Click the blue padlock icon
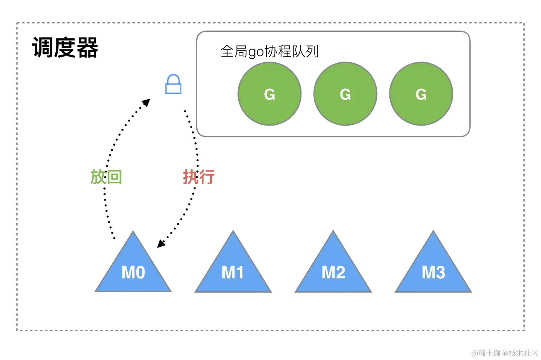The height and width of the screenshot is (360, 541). (x=173, y=85)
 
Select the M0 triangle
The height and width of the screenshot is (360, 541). (x=133, y=270)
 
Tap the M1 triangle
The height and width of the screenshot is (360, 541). (x=233, y=270)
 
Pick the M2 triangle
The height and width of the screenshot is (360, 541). (x=333, y=270)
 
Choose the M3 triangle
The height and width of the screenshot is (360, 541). (x=433, y=270)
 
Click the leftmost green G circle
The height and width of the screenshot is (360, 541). (x=270, y=94)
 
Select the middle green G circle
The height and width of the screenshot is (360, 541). (x=345, y=94)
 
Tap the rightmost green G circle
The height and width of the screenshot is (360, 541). (x=421, y=94)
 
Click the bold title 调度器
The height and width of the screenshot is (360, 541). (x=65, y=48)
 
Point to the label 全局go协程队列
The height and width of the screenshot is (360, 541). (x=270, y=51)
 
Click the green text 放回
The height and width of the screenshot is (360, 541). (x=106, y=177)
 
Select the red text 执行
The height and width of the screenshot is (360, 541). (x=198, y=177)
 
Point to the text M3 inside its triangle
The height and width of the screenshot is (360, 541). (x=433, y=273)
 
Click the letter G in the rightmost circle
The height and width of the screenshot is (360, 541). (x=421, y=95)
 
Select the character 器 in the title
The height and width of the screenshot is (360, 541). (x=87, y=48)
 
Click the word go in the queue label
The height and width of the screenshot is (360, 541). (x=254, y=52)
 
